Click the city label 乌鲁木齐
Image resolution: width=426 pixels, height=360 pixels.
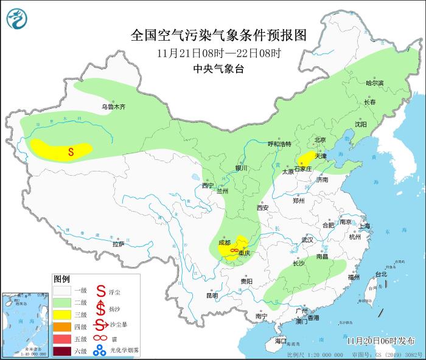click(x=113, y=107)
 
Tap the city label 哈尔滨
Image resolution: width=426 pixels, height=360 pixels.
click(x=375, y=83)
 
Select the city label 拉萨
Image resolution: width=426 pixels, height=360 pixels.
click(x=118, y=244)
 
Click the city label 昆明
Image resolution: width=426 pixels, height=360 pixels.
click(x=212, y=296)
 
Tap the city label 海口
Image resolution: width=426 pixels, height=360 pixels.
click(x=280, y=341)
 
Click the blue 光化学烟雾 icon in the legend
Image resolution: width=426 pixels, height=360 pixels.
click(x=100, y=351)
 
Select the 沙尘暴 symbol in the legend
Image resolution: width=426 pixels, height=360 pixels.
click(x=100, y=326)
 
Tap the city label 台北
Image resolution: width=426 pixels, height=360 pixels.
click(x=380, y=274)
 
